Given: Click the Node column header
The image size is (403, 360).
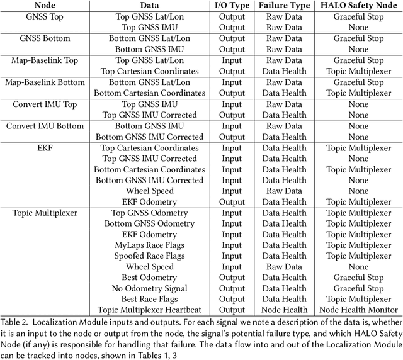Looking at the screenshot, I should tap(41, 5).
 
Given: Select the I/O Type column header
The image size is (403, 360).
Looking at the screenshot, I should tap(232, 5).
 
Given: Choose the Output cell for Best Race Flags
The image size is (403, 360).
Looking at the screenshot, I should tap(232, 300).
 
